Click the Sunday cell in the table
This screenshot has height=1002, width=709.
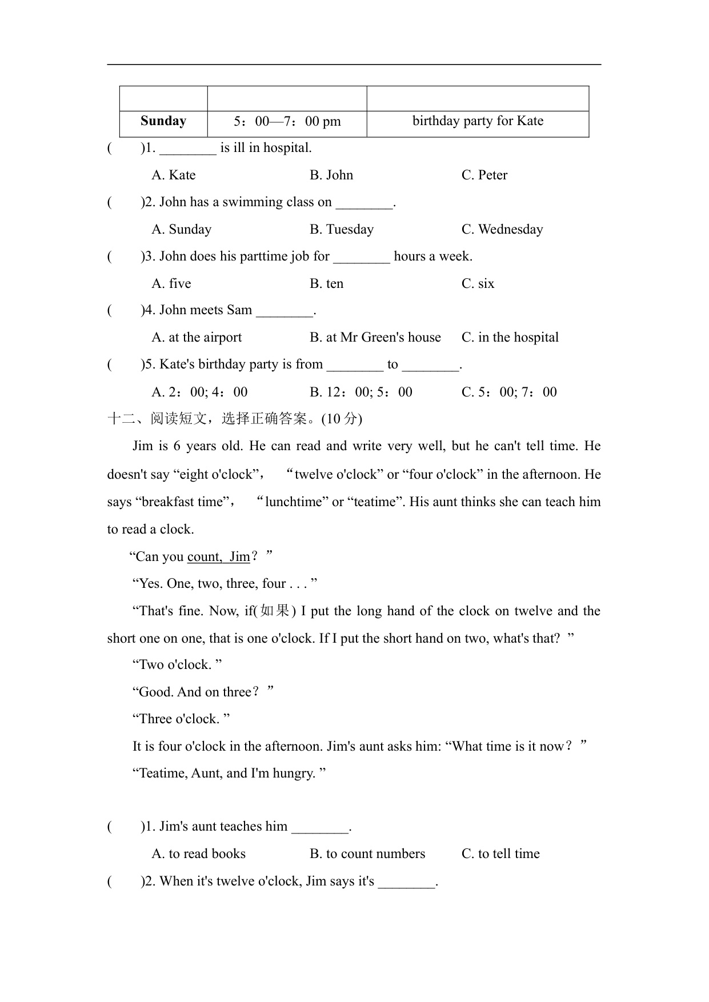click(163, 121)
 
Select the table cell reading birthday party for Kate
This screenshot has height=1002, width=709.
click(478, 121)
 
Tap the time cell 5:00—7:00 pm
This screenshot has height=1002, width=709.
click(287, 122)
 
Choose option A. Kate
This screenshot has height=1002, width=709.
click(174, 175)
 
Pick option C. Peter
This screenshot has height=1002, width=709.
click(484, 175)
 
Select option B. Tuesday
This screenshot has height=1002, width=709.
click(342, 230)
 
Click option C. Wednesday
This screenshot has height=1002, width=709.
click(502, 230)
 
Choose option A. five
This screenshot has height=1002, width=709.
click(171, 284)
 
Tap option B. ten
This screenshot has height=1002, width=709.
click(327, 284)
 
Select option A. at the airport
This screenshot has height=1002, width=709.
click(197, 338)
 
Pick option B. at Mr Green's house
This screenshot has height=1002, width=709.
click(375, 338)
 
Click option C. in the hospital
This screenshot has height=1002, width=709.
click(510, 338)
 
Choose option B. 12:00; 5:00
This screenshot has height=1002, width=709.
click(361, 392)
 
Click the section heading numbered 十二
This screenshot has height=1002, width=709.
click(234, 419)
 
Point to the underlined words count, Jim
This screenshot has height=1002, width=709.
click(219, 557)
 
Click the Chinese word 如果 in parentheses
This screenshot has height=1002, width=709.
click(275, 611)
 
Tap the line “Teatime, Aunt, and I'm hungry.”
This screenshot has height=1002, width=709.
click(229, 773)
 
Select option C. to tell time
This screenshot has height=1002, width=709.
click(500, 854)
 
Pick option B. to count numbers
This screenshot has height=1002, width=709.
click(367, 854)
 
